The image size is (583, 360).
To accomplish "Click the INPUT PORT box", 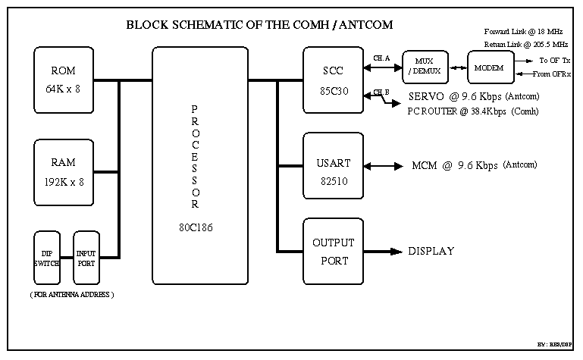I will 86,256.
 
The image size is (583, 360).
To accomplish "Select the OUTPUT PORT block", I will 333,251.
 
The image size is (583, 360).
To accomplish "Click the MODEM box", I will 488,67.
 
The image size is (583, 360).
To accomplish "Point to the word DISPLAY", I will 431,252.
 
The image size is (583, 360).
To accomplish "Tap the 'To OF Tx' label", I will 555,60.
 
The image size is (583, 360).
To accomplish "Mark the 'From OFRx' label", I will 552,74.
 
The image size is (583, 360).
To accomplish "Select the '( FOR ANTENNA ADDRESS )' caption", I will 72,293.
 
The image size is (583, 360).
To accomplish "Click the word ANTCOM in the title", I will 362,24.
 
